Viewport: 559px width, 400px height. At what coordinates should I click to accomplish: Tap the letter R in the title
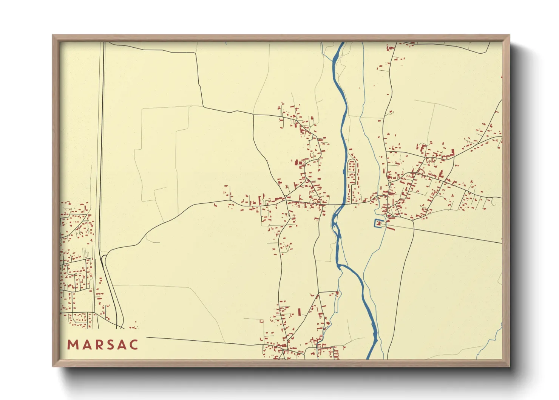pyautogui.click(x=98, y=345)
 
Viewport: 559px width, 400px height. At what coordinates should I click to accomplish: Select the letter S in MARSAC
pyautogui.click(x=110, y=345)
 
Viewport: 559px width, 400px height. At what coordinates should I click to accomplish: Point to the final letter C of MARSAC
pyautogui.click(x=134, y=345)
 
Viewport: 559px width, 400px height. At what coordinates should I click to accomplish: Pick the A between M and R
pyautogui.click(x=85, y=345)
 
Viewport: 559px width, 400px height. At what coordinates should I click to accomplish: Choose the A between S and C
pyautogui.click(x=122, y=345)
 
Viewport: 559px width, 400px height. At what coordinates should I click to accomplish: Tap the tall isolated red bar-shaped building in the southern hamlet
pyautogui.click(x=300, y=312)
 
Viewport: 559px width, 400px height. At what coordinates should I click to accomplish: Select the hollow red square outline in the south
pyautogui.click(x=261, y=321)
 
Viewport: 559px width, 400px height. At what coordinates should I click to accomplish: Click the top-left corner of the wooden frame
pyautogui.click(x=53, y=36)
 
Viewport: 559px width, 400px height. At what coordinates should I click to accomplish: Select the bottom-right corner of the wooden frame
pyautogui.click(x=509, y=366)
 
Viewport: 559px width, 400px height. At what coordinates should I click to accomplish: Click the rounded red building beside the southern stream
pyautogui.click(x=328, y=323)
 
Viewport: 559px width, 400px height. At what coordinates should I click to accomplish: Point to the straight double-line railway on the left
pyautogui.click(x=101, y=151)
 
